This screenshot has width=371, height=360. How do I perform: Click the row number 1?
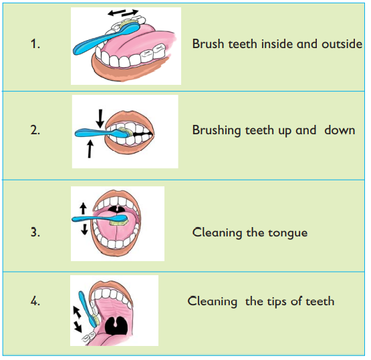[x=35, y=44]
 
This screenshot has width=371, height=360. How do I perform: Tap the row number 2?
[x=35, y=130]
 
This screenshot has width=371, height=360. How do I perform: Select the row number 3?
[x=35, y=232]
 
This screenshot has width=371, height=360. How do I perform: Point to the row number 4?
[x=35, y=301]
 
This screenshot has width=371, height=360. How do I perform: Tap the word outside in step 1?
[x=342, y=44]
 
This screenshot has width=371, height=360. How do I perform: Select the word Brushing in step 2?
[x=217, y=130]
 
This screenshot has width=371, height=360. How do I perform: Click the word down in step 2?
[x=340, y=130]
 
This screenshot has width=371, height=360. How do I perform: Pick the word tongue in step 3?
[x=287, y=234]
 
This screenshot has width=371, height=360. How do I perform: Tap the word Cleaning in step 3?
[x=217, y=233]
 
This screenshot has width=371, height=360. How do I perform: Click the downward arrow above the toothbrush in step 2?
[x=100, y=118]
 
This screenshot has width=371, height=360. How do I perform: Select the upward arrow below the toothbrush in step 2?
[x=90, y=149]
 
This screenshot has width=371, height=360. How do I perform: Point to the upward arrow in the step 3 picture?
[x=83, y=208]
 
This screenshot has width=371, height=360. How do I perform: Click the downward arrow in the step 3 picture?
[x=84, y=229]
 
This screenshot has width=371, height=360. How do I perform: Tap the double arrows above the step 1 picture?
[x=123, y=13]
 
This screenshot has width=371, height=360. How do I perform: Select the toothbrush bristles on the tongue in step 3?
[x=118, y=222]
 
